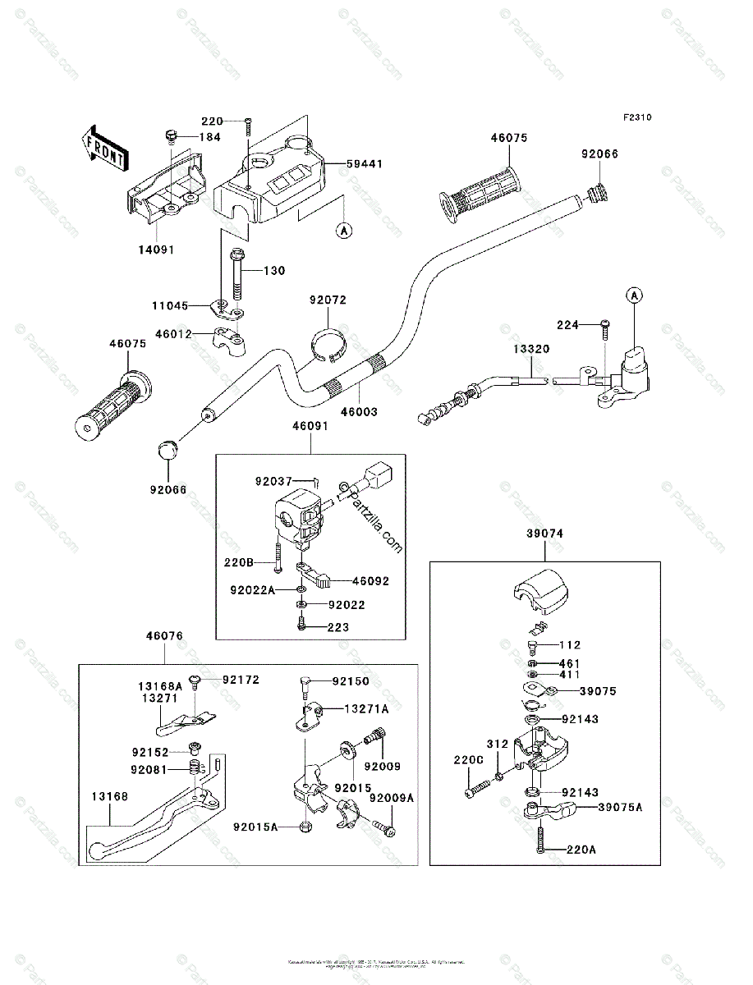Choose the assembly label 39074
(544, 534)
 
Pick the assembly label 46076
(164, 636)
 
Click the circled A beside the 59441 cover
(343, 231)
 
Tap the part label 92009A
(392, 798)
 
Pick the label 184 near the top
(209, 137)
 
